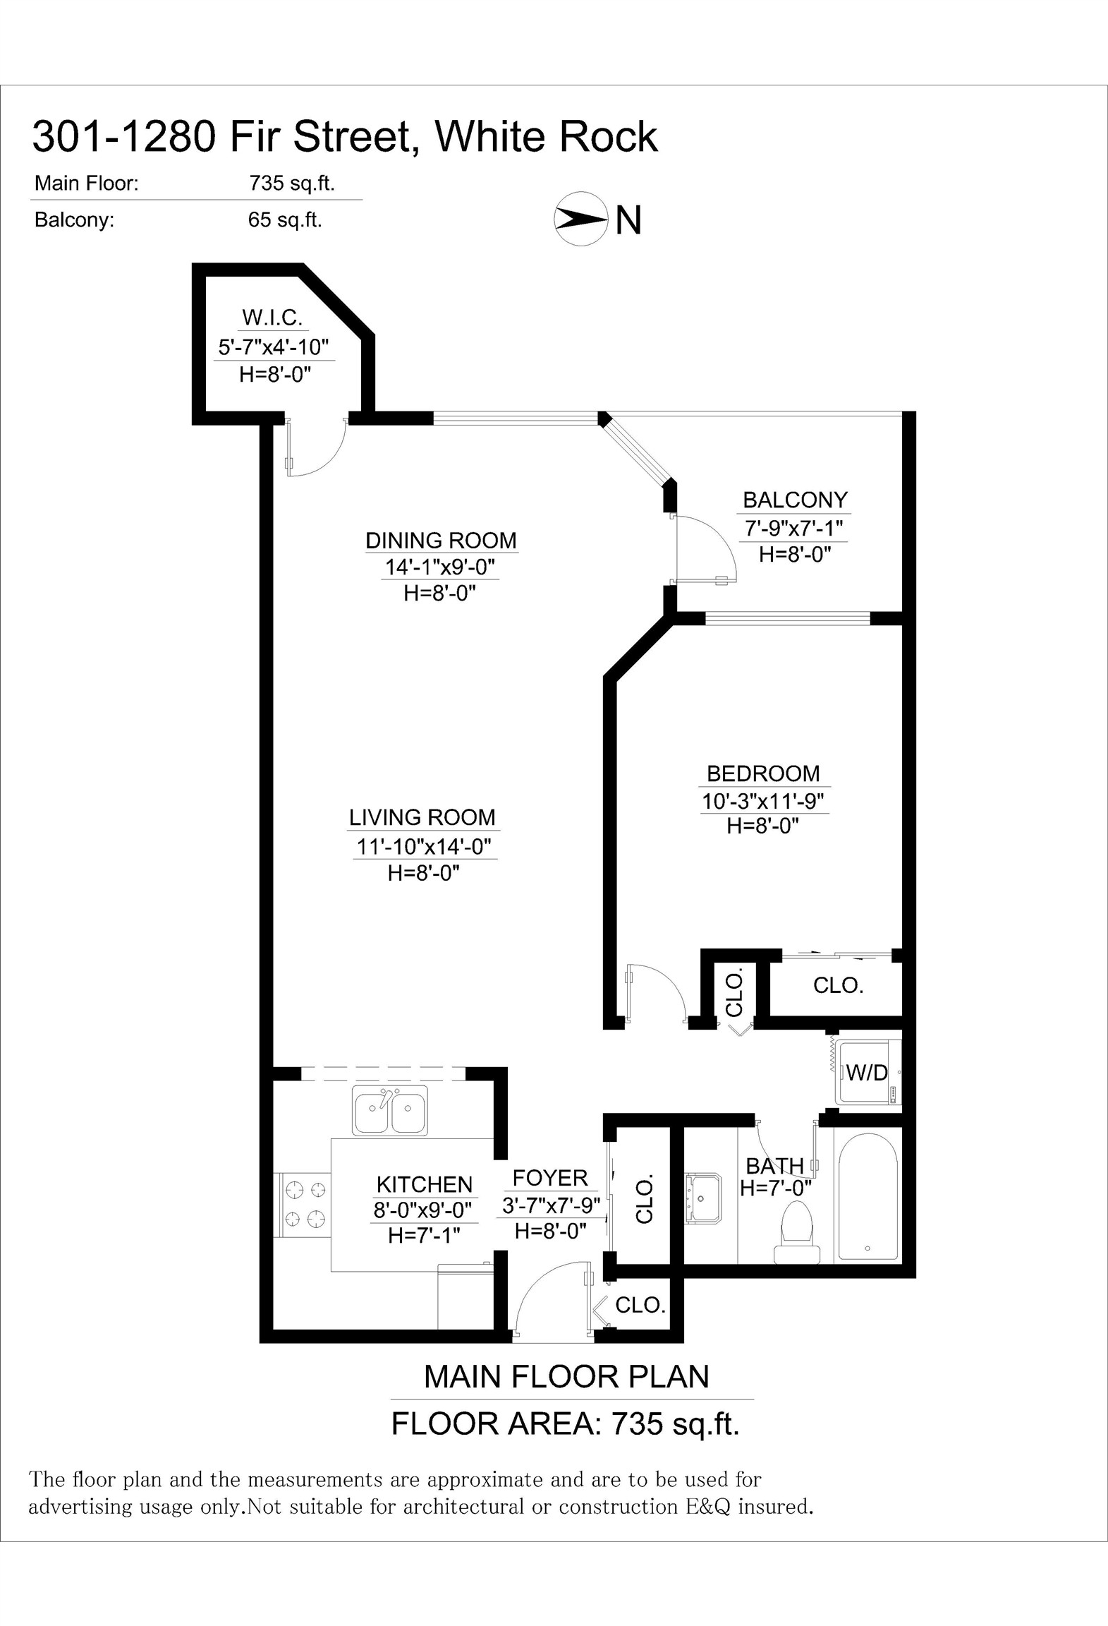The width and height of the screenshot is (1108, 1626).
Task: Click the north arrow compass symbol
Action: (580, 219)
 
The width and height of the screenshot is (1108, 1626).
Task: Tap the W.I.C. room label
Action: (272, 318)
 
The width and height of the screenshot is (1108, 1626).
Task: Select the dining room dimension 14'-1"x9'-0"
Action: (440, 567)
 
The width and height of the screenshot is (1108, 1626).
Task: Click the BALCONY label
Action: (795, 500)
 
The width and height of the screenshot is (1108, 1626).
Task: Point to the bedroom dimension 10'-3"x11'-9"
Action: (763, 801)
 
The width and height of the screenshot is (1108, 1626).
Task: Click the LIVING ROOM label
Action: (422, 818)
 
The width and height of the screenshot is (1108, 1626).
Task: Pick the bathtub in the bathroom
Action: (867, 1198)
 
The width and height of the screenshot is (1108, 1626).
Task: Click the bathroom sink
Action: (703, 1198)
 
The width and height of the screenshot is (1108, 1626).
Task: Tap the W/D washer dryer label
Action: (867, 1073)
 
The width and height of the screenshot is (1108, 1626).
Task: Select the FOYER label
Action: (550, 1178)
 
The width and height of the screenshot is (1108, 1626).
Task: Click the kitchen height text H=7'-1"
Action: (424, 1235)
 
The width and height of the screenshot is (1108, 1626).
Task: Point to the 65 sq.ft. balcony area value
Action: (285, 220)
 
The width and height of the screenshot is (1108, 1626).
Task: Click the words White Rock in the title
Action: (547, 136)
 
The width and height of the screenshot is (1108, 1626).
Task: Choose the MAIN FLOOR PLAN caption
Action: (566, 1377)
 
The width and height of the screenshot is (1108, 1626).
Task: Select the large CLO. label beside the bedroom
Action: (839, 985)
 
